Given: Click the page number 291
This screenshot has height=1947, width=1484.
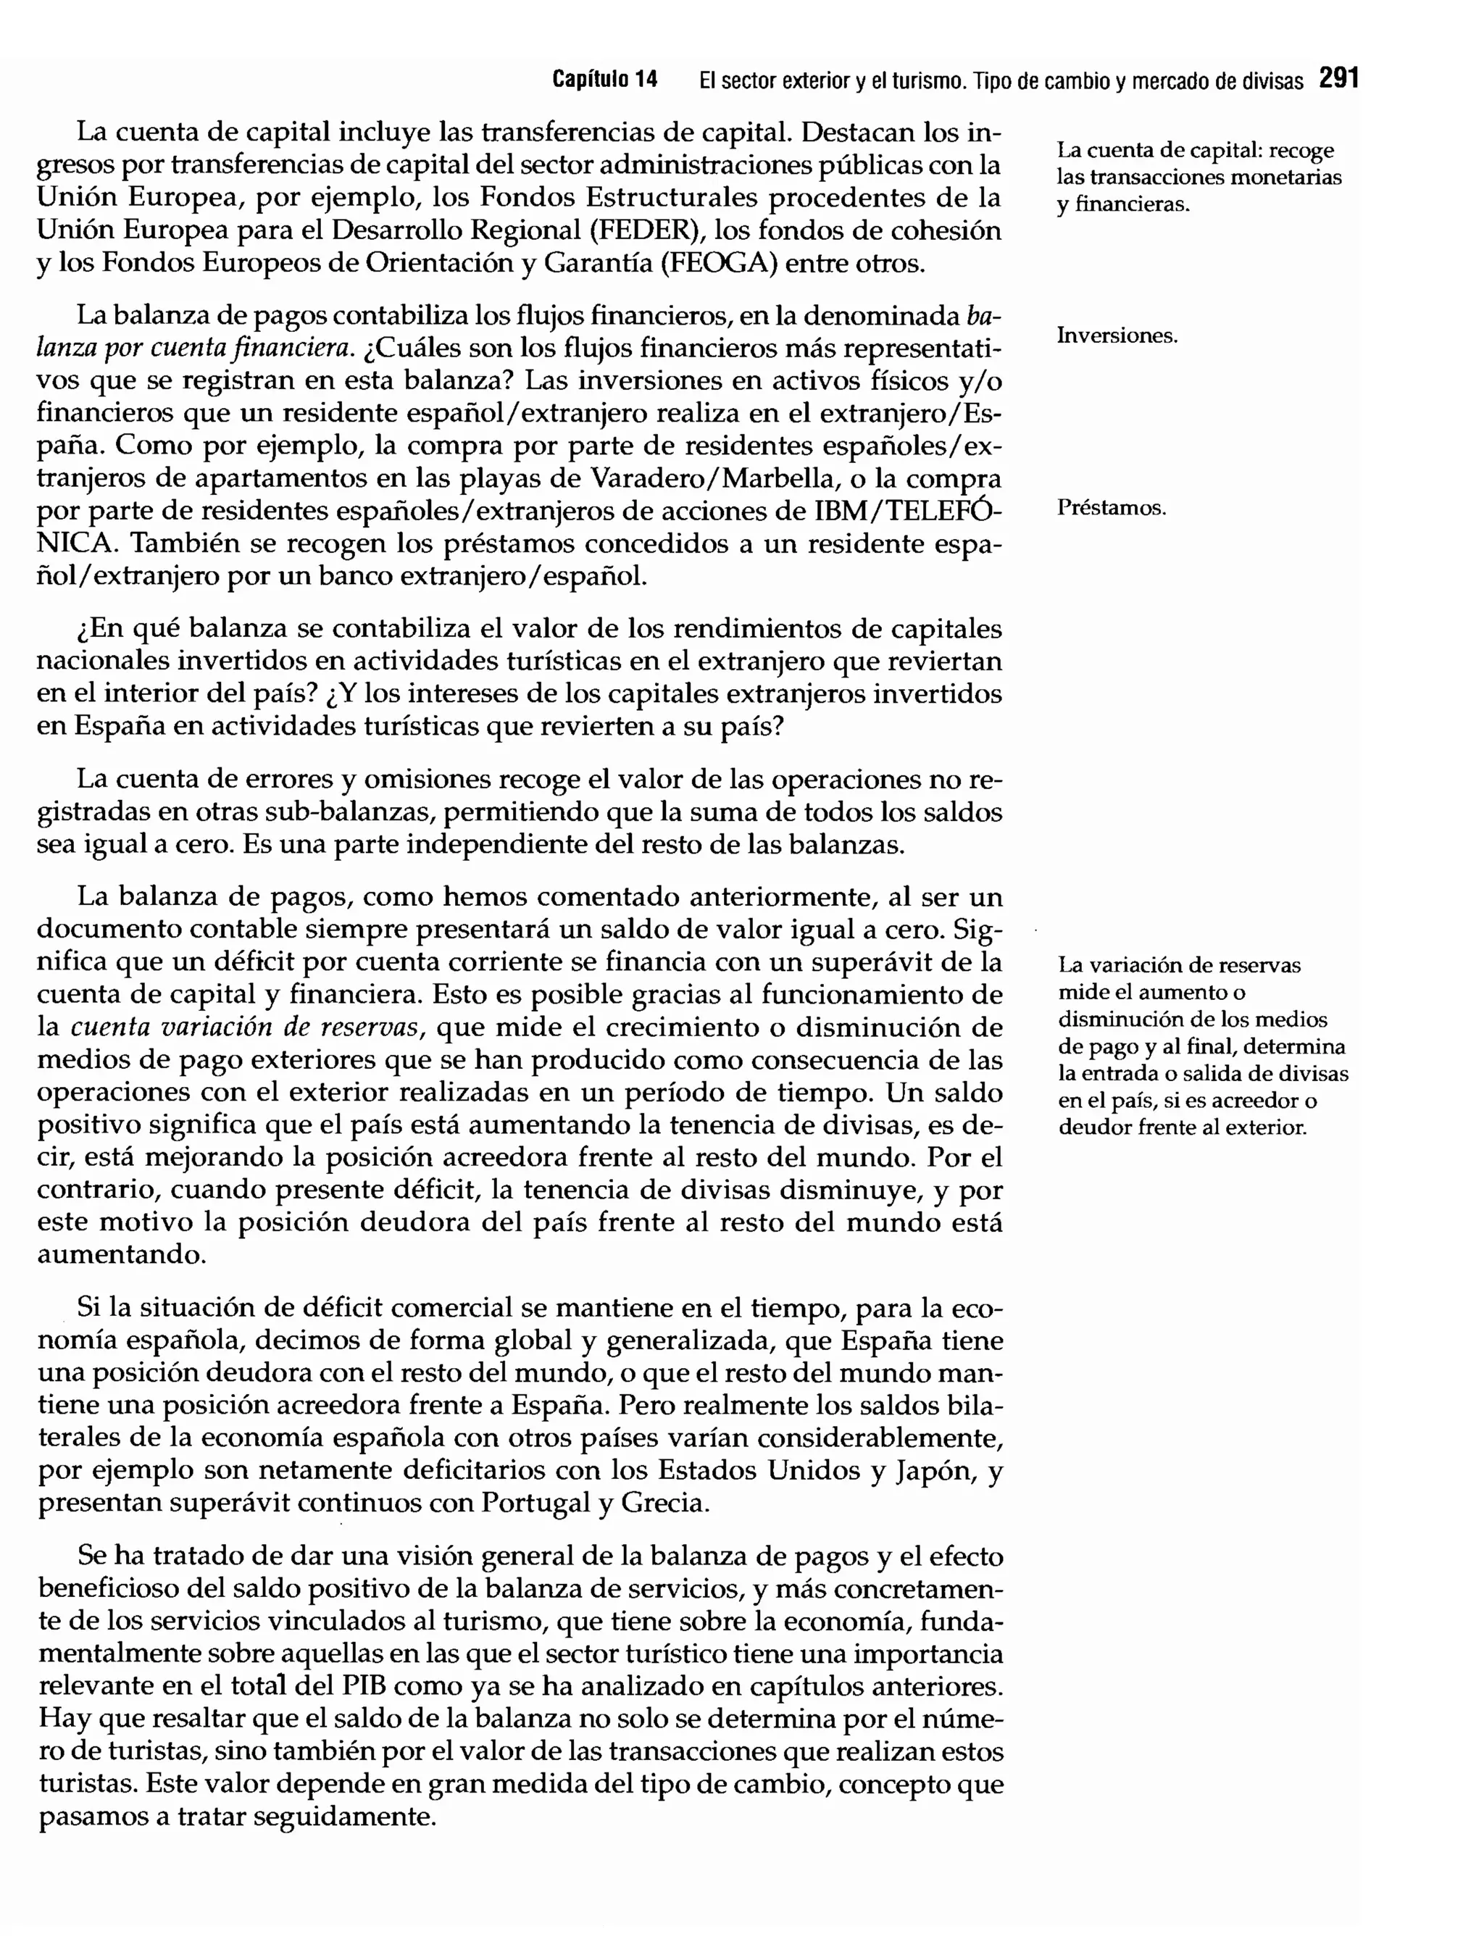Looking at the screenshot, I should click(x=1338, y=80).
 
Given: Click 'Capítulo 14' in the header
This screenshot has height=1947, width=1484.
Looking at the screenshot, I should click(x=605, y=80).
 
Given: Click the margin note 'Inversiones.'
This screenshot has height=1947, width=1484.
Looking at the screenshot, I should click(x=1117, y=336).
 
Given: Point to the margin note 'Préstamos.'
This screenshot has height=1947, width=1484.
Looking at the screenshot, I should click(x=1112, y=509).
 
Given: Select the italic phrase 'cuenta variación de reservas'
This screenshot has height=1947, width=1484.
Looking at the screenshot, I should click(x=243, y=1027).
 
